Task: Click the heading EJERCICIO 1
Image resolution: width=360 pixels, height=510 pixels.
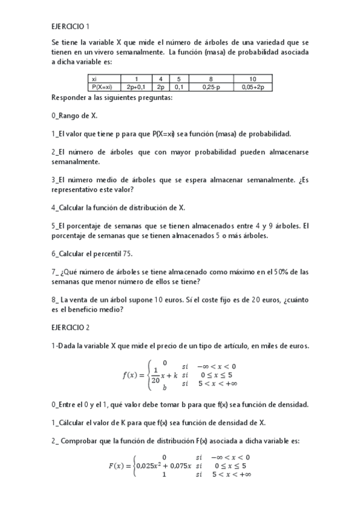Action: click(70, 26)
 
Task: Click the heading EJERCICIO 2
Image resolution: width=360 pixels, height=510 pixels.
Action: click(70, 328)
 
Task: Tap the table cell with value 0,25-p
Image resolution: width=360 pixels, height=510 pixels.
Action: click(211, 87)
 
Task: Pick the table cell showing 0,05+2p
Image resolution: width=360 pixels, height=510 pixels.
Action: click(253, 87)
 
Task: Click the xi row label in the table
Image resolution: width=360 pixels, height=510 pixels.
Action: click(94, 79)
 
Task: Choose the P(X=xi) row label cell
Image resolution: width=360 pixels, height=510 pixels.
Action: click(102, 87)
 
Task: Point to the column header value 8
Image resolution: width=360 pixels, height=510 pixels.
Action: click(211, 79)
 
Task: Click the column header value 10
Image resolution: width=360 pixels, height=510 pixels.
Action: click(253, 79)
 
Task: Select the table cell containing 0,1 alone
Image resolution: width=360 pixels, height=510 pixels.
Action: click(178, 87)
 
